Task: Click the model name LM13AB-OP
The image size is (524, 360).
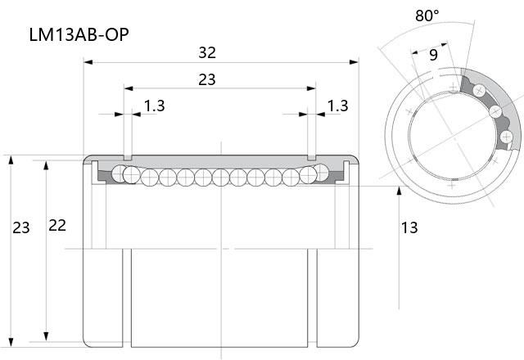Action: click(x=79, y=34)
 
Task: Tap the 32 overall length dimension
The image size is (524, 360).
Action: click(x=207, y=52)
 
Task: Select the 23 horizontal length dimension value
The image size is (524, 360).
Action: click(x=207, y=80)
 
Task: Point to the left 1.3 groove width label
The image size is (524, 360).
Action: click(x=155, y=106)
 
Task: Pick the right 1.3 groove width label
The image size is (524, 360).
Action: click(x=337, y=106)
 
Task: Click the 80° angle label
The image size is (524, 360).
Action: click(x=427, y=16)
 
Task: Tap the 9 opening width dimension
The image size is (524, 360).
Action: click(x=433, y=55)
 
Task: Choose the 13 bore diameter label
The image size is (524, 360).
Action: click(x=409, y=227)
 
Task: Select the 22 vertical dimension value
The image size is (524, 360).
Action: click(x=57, y=226)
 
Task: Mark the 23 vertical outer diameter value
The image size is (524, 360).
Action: click(x=21, y=227)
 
